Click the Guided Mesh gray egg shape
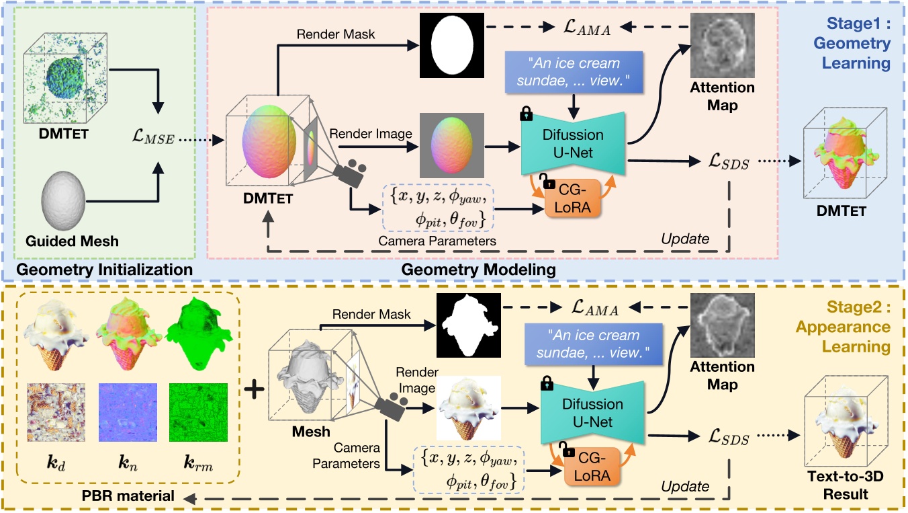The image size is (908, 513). tap(63, 200)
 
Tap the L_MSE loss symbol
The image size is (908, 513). tap(153, 136)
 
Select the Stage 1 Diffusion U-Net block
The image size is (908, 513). tap(573, 144)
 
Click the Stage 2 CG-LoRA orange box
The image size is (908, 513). tap(592, 467)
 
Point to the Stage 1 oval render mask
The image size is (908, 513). tap(452, 45)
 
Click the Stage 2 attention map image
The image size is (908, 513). tap(723, 325)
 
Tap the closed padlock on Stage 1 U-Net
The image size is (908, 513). tap(526, 114)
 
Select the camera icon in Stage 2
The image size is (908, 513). tap(391, 405)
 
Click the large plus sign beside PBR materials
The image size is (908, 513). tap(254, 389)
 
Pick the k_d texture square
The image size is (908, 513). tap(56, 412)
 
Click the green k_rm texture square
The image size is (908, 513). tap(198, 412)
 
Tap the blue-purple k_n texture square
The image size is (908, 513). tap(128, 412)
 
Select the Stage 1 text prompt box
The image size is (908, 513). tap(574, 72)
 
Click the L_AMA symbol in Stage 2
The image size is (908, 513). tap(594, 308)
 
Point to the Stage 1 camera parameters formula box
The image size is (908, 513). tap(437, 207)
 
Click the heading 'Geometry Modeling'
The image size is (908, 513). tap(478, 270)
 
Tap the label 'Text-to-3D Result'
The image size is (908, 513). tap(846, 485)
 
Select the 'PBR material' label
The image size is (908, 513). tap(128, 496)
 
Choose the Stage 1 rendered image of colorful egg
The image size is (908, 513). tap(452, 145)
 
